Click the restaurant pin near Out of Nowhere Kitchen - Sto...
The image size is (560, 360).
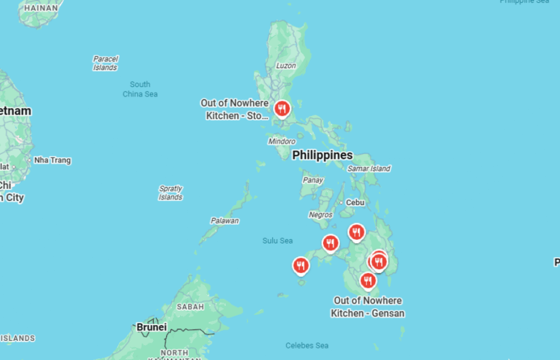tap(282, 109)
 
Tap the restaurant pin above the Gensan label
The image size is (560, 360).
tap(368, 281)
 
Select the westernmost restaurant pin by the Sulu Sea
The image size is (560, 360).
tap(301, 266)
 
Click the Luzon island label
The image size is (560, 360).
tap(286, 66)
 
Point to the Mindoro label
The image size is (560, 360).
tap(282, 141)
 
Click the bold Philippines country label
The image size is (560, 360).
tap(322, 155)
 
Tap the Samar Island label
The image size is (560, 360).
tap(369, 169)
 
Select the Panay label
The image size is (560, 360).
tap(313, 180)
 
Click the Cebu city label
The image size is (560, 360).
tap(355, 202)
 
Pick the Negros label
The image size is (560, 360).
tap(320, 215)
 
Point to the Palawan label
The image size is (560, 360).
tap(225, 221)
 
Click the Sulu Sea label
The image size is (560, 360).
tap(277, 241)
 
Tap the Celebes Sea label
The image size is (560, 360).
tap(307, 345)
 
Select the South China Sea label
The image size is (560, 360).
tap(140, 89)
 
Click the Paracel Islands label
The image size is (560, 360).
tap(105, 63)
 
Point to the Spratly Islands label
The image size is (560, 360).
tap(171, 193)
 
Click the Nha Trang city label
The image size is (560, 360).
tap(52, 160)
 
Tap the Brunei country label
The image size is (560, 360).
tap(151, 327)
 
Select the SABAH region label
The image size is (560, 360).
tap(190, 307)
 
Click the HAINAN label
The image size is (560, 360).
tap(40, 8)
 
